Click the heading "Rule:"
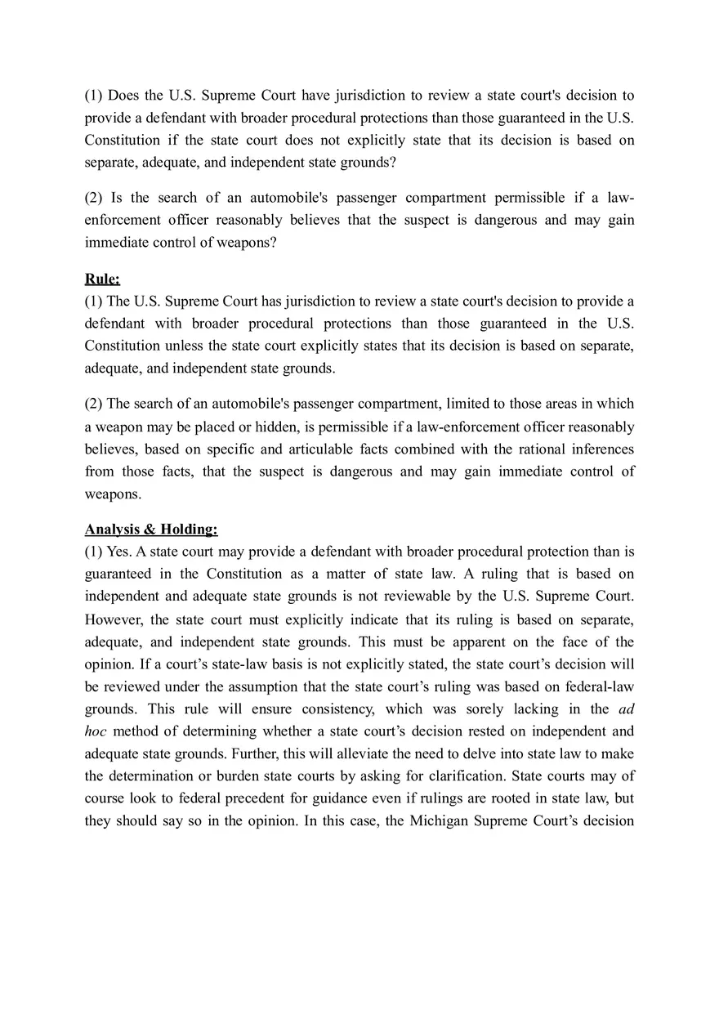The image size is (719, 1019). pyautogui.click(x=102, y=279)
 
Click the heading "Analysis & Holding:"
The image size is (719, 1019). pyautogui.click(x=151, y=529)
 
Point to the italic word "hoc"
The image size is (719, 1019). pyautogui.click(x=96, y=731)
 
